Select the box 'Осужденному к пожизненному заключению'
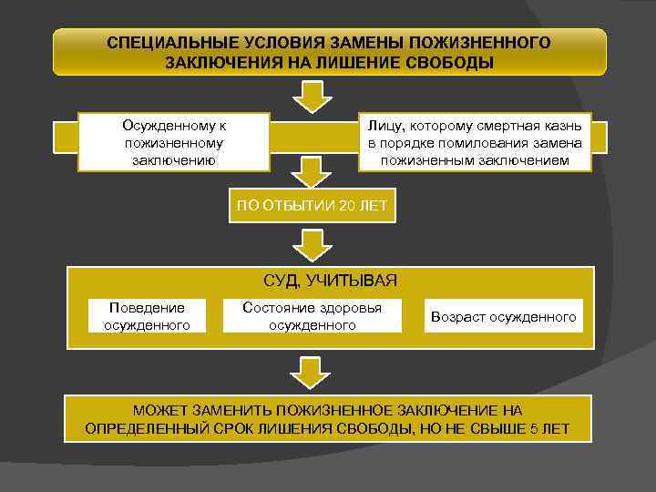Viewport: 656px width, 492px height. click(174, 142)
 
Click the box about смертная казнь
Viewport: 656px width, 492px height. click(475, 142)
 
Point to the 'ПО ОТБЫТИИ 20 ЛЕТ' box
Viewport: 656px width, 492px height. click(312, 207)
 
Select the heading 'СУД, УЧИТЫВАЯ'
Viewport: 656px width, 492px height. click(330, 280)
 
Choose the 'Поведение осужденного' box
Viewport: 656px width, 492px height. click(146, 315)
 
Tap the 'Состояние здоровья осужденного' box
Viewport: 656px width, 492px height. click(313, 315)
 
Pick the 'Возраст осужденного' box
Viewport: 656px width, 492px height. click(504, 316)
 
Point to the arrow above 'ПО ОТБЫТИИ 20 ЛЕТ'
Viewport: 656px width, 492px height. click(313, 173)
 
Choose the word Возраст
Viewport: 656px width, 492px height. click(460, 316)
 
